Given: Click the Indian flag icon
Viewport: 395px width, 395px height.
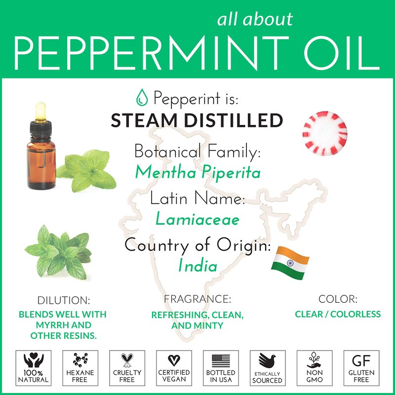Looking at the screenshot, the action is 290,263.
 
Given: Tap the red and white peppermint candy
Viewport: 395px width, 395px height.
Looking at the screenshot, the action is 325,133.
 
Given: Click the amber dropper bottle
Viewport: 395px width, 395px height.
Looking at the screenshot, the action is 41,146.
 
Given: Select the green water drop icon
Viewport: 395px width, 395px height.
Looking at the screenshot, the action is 142,97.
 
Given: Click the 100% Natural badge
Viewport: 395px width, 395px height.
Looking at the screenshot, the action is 33,368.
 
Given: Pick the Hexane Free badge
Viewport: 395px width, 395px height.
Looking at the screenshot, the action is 80,368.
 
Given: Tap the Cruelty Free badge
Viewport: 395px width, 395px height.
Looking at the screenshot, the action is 127,368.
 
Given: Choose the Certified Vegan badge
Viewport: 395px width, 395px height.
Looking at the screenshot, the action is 174,368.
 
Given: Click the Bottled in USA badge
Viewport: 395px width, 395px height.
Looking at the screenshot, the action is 221,368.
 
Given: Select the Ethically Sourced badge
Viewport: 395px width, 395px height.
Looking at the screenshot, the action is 268,368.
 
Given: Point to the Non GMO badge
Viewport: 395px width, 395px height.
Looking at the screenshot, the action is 315,368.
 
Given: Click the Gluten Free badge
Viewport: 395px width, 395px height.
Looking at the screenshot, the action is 361,368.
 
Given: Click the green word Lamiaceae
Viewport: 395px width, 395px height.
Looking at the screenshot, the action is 197,219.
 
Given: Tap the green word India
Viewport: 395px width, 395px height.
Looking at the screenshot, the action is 198,266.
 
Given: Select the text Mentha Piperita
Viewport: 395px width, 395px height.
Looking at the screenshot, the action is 198,172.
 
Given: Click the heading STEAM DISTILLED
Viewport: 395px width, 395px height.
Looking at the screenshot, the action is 197,120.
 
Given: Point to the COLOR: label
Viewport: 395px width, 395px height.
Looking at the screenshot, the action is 338,299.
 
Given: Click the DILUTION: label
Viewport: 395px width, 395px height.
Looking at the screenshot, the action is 64,300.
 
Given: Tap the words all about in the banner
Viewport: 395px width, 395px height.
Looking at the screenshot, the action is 255,19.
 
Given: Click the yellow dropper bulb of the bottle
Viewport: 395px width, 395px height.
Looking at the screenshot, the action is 40,111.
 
